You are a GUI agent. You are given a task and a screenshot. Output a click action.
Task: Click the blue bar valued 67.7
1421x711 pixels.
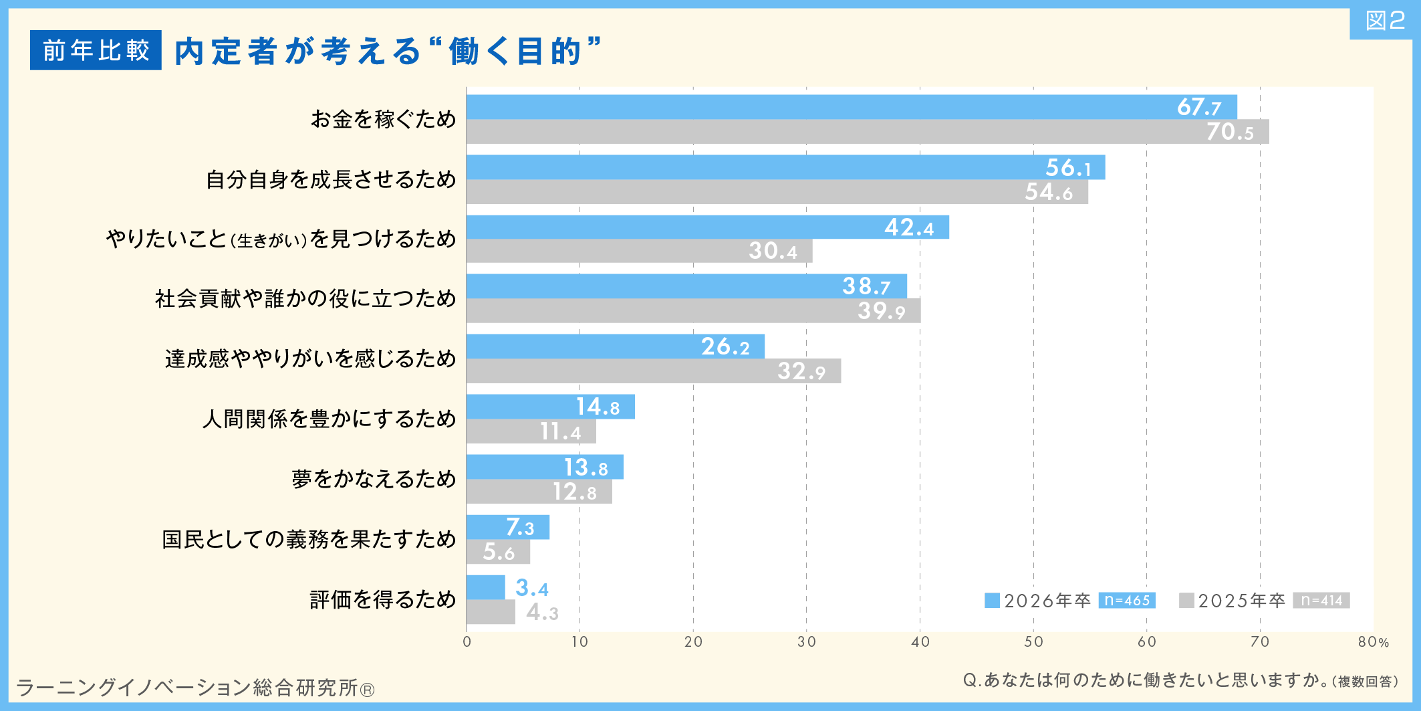click(851, 107)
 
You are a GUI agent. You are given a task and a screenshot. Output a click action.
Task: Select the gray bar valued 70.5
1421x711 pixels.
click(867, 132)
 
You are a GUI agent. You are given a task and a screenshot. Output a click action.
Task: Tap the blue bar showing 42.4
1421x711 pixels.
click(707, 227)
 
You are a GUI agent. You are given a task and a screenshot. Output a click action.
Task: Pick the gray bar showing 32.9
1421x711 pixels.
click(653, 371)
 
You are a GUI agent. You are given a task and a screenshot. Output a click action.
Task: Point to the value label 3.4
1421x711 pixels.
click(532, 588)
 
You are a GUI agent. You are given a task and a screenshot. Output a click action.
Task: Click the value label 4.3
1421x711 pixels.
click(542, 612)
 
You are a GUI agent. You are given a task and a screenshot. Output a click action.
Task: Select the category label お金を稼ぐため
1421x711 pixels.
click(383, 119)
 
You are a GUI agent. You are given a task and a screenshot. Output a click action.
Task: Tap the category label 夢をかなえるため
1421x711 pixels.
click(374, 479)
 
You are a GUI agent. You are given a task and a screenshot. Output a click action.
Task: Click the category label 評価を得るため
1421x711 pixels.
click(382, 599)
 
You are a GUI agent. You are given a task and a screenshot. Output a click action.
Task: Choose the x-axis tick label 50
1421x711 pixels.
click(1033, 642)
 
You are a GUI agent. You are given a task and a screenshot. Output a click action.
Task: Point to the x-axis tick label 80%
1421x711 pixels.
click(1373, 642)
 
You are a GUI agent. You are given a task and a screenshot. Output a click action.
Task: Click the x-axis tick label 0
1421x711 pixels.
click(467, 642)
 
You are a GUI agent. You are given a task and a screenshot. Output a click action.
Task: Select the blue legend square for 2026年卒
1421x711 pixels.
click(992, 601)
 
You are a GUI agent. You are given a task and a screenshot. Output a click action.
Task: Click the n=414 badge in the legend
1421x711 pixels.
click(1321, 601)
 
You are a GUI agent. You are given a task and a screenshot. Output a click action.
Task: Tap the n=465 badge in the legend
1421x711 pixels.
click(1127, 601)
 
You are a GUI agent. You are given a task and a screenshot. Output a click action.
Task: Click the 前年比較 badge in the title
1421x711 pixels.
click(96, 50)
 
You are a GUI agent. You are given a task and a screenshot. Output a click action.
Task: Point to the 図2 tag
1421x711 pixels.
click(1385, 21)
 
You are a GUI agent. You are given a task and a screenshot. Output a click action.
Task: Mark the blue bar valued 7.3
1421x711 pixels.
click(507, 527)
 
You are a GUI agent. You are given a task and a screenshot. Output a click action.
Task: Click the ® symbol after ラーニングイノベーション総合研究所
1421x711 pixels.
click(367, 690)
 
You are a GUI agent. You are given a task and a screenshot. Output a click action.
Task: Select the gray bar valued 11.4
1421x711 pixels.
click(531, 431)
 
